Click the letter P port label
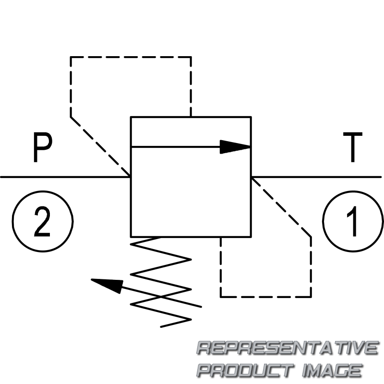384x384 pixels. coord(42,149)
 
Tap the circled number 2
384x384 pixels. coord(42,220)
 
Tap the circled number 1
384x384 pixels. coord(353,220)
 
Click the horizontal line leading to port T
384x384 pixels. coord(317,177)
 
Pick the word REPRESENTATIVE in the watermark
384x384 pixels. coord(287,348)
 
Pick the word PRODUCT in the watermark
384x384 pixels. coord(245,370)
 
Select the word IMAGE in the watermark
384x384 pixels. coord(331,370)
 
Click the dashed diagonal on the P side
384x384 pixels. coord(101,146)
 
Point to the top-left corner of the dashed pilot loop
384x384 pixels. coord(71,57)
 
